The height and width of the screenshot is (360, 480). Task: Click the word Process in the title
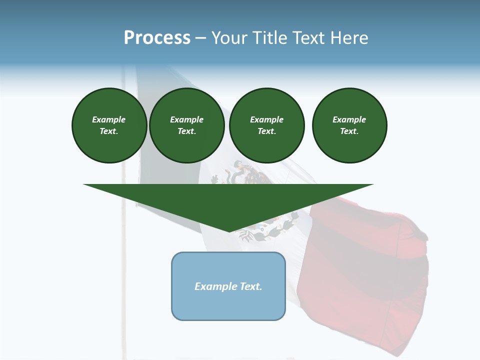coord(157,38)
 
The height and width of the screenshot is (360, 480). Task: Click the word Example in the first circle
coord(109,119)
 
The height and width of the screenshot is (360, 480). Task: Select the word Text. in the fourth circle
coord(349,131)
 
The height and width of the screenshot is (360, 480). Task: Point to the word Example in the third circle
coord(266,119)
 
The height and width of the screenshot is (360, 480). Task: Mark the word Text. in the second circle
coord(186,131)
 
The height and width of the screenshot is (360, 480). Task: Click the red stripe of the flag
coord(365,280)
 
